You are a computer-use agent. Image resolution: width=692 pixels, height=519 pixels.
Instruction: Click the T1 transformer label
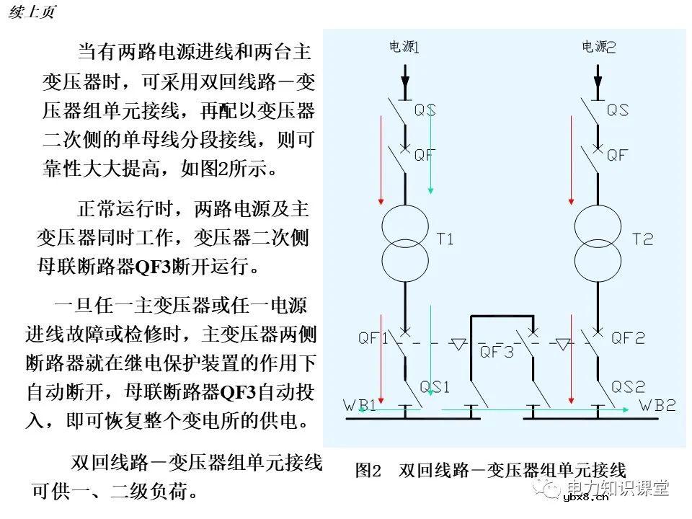(x=445, y=239)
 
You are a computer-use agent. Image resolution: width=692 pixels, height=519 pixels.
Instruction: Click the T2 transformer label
(x=642, y=239)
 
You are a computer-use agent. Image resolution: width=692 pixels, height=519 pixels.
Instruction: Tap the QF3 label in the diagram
(x=497, y=352)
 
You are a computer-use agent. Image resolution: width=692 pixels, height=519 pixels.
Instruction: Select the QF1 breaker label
(x=373, y=337)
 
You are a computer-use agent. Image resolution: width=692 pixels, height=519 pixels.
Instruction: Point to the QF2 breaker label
(x=628, y=337)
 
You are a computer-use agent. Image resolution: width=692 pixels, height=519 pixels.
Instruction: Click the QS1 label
(x=435, y=387)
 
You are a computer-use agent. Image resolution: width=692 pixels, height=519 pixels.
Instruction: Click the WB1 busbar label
(x=359, y=406)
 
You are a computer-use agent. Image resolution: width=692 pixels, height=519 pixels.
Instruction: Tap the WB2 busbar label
(x=657, y=405)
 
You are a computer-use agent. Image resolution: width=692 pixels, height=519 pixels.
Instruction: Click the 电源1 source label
(x=404, y=47)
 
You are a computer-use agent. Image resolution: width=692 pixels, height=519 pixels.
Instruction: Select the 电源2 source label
(x=599, y=47)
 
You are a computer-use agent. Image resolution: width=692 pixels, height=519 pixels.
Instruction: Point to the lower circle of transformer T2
(x=598, y=261)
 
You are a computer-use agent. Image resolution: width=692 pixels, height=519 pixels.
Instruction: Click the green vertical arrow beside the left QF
(x=430, y=151)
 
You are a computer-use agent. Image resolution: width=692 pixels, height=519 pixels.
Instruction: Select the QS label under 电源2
(x=617, y=110)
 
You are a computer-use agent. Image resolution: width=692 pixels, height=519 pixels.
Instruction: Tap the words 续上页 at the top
(x=32, y=13)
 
